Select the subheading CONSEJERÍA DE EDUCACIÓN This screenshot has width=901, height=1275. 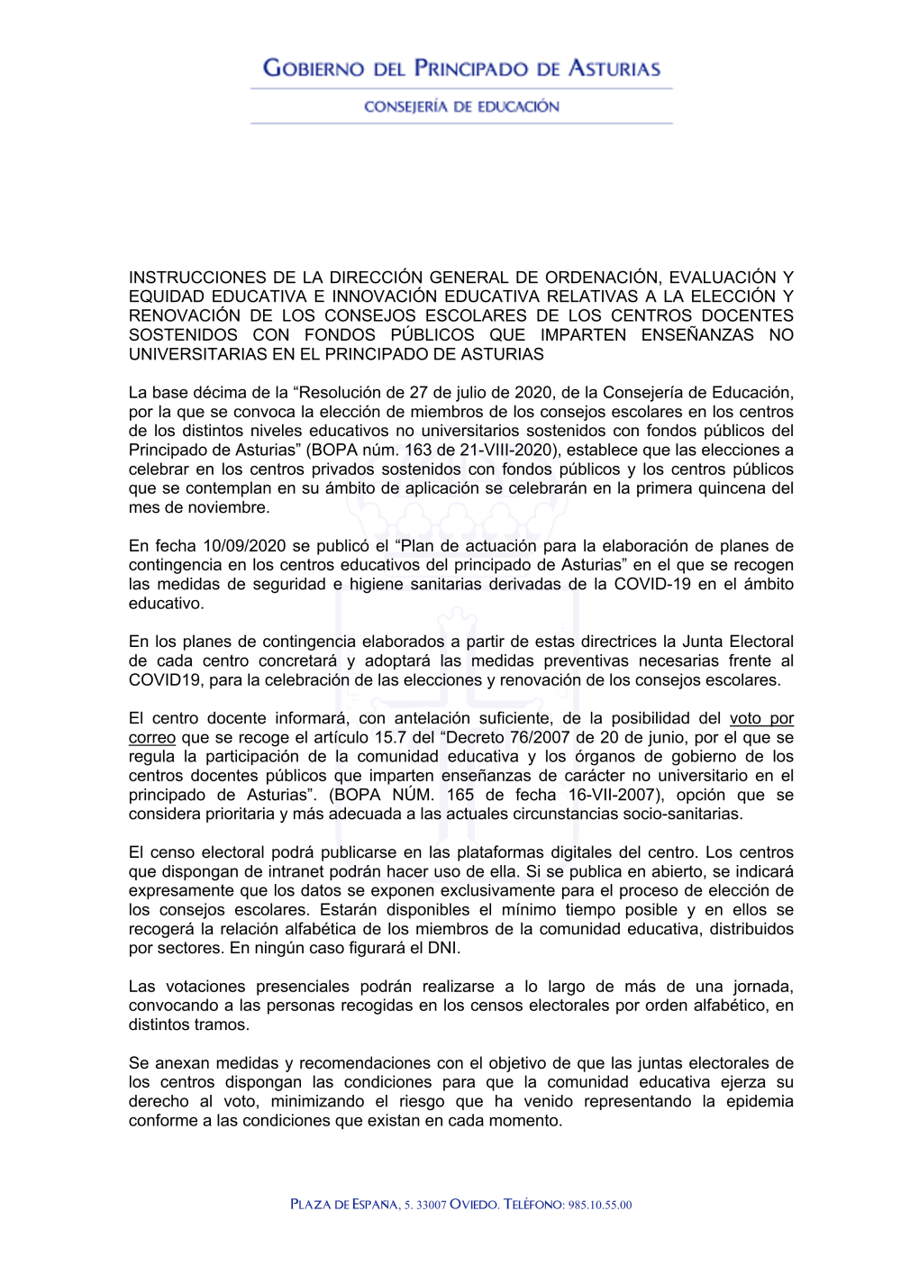[x=461, y=106]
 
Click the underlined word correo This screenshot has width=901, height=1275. [x=151, y=738]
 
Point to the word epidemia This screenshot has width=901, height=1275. [x=760, y=1101]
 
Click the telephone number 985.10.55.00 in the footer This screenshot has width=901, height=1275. [x=600, y=1205]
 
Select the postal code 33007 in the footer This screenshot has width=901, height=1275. [x=432, y=1205]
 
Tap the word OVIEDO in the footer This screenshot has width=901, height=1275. [x=474, y=1205]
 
